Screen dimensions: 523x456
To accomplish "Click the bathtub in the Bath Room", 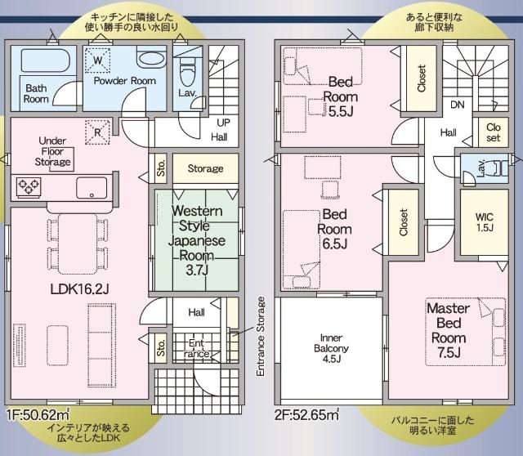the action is (46, 60).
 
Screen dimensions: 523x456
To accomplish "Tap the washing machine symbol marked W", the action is (97, 60).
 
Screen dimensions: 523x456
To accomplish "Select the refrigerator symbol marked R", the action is (97, 132).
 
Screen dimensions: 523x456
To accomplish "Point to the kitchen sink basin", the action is (92, 188).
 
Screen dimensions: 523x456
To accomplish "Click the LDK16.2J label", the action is (80, 288).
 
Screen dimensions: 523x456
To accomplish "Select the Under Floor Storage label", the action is (52, 151).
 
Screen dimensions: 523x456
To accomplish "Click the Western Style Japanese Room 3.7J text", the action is (197, 240).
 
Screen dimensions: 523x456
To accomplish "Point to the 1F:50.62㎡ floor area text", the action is (38, 414).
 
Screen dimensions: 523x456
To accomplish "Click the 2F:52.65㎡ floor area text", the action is (306, 414).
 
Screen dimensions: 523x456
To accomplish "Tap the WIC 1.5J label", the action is (485, 222).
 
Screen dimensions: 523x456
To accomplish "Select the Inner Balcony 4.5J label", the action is (331, 348).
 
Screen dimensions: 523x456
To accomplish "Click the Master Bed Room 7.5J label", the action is (449, 330).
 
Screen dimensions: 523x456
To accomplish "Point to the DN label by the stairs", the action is (458, 105).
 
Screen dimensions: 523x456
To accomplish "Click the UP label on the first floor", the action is (223, 123).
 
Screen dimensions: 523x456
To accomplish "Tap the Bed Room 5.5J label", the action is (341, 96).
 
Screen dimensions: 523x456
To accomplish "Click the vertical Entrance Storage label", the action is (261, 337).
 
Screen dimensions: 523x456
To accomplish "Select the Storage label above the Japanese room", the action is (205, 168).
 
